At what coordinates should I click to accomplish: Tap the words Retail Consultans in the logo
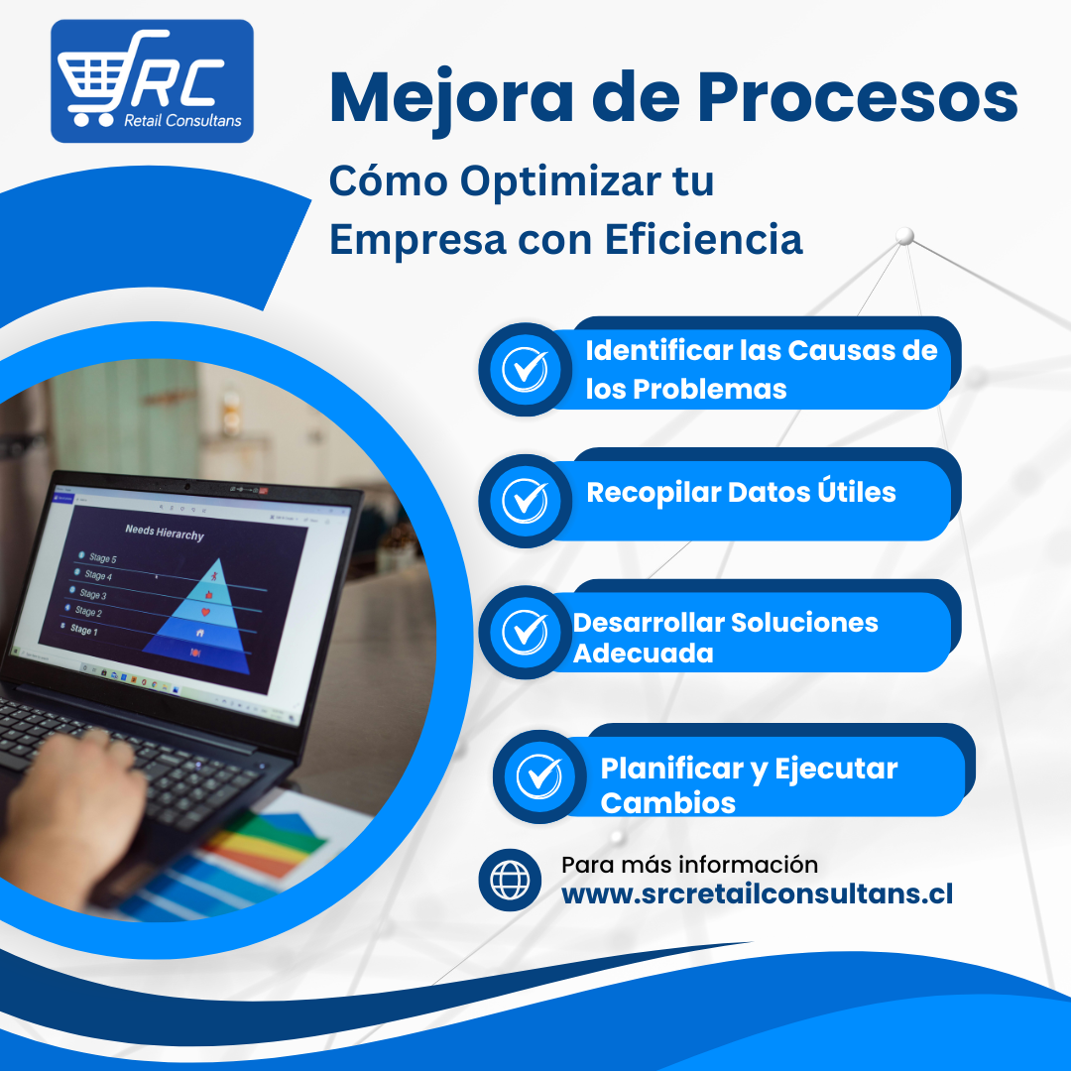coord(182,121)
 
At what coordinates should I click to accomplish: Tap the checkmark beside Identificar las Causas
coord(525,370)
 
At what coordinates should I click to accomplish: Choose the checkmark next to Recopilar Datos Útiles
coord(525,501)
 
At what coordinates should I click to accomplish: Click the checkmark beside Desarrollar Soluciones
coord(525,632)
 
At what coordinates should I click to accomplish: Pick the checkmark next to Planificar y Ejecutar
coord(538,776)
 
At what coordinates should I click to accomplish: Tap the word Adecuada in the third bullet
coord(644,654)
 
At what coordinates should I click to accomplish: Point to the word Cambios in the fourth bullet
coord(668,803)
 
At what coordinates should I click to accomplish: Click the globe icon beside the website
coord(511,880)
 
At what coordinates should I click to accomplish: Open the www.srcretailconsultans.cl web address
coord(757,893)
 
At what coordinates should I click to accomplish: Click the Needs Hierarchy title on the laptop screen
coord(165,533)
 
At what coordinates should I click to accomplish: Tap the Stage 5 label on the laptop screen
coord(102,558)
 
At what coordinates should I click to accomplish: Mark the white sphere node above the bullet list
coord(905,236)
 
